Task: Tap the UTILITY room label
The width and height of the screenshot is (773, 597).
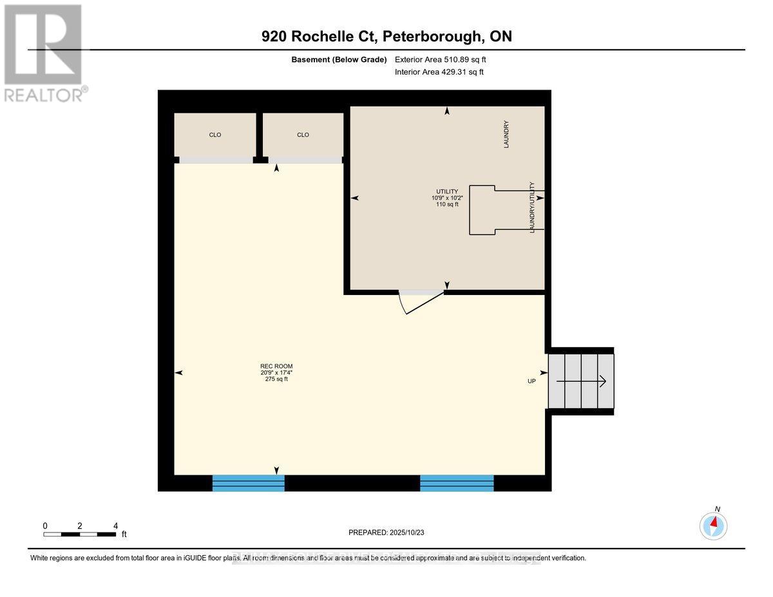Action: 446,191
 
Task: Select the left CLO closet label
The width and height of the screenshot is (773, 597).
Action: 215,135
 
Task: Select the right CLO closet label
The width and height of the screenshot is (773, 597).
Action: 303,135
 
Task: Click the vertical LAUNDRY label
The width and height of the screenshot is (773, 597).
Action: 507,135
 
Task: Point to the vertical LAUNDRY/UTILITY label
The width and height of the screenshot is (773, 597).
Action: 532,207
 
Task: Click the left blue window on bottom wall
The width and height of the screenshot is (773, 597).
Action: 249,483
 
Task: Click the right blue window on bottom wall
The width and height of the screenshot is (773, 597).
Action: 457,483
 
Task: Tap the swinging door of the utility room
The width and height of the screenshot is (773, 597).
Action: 422,303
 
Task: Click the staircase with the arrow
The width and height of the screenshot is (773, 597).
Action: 580,381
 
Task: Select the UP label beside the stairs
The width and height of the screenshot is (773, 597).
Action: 532,381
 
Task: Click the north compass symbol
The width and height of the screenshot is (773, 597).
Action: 713,525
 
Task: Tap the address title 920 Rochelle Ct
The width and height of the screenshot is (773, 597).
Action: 386,37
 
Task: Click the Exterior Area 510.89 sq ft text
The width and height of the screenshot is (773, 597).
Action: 441,60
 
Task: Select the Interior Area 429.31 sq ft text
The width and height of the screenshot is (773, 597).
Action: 439,72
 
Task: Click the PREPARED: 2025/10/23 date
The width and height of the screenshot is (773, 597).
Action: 386,533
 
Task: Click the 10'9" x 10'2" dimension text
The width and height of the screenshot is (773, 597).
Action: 446,198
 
